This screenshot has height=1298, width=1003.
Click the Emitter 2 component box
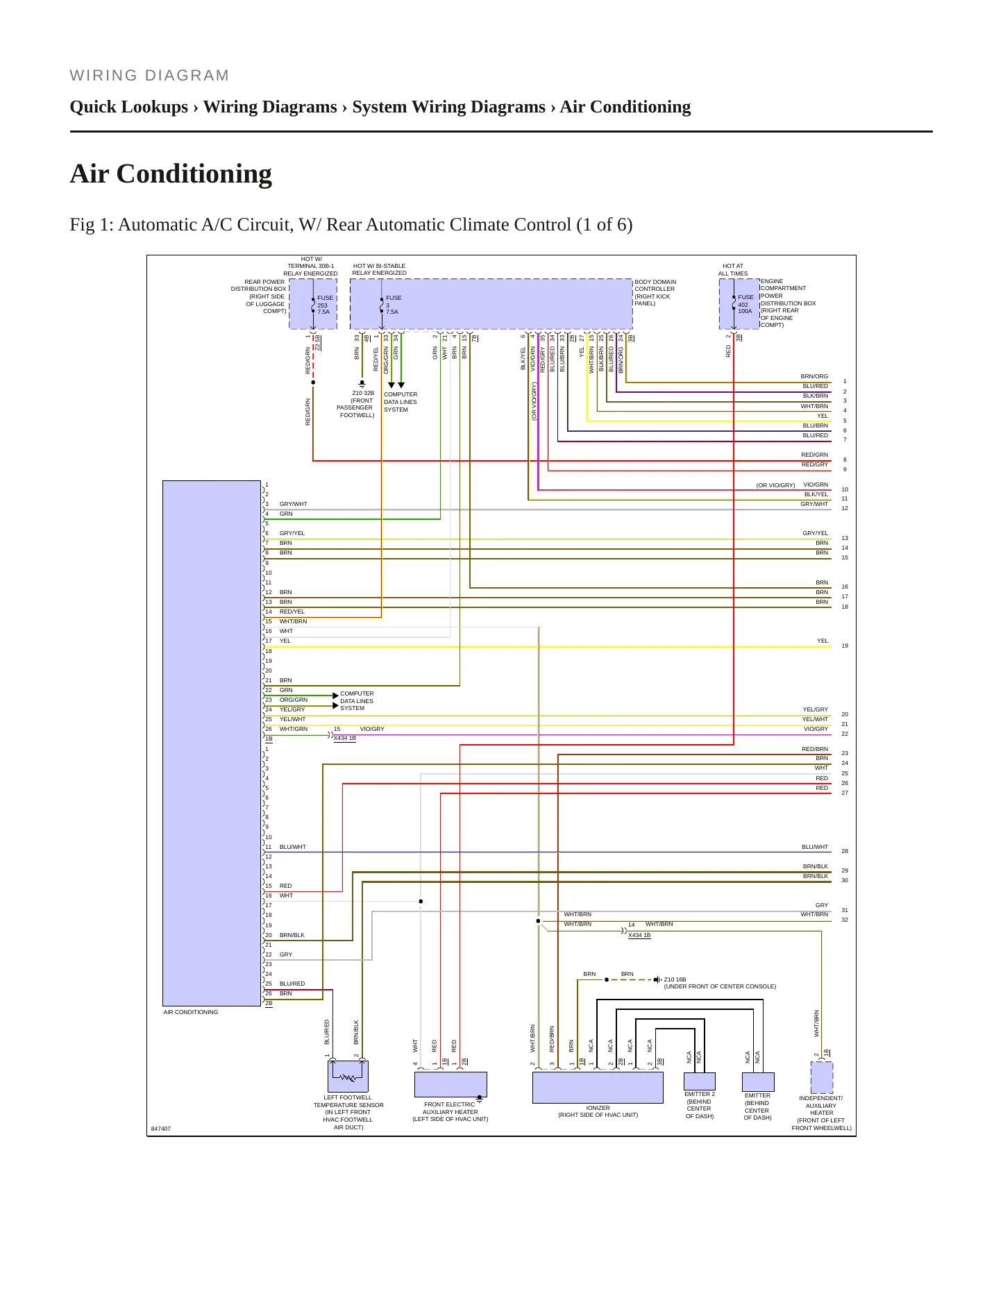[x=699, y=1081]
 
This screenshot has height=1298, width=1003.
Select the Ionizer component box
[x=598, y=1088]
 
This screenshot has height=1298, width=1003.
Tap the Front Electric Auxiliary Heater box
[x=450, y=1084]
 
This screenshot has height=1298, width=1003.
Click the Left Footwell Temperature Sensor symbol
[x=348, y=1077]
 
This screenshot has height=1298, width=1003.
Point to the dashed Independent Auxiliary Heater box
[x=822, y=1077]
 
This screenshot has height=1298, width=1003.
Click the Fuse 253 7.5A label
[x=324, y=305]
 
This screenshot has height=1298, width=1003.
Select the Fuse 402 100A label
[x=745, y=304]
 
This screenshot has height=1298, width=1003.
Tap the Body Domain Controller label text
[x=655, y=293]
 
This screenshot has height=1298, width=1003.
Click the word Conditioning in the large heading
[x=194, y=174]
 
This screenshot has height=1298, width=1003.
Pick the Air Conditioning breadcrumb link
[x=625, y=107]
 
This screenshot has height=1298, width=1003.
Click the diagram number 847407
[x=161, y=1129]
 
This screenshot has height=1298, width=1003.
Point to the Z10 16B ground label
[x=675, y=979]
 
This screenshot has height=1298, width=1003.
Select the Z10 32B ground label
[x=363, y=393]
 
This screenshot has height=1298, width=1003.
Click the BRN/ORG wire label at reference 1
[x=814, y=376]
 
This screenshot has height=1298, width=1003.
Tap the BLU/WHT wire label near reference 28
[x=815, y=847]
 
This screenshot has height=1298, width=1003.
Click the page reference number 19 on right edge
[x=845, y=646]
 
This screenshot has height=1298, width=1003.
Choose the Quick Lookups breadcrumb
[x=129, y=107]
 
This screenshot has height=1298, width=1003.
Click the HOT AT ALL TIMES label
[x=733, y=270]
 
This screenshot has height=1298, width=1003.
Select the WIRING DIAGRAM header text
[x=149, y=76]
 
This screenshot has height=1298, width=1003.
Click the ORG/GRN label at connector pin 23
[x=294, y=700]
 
